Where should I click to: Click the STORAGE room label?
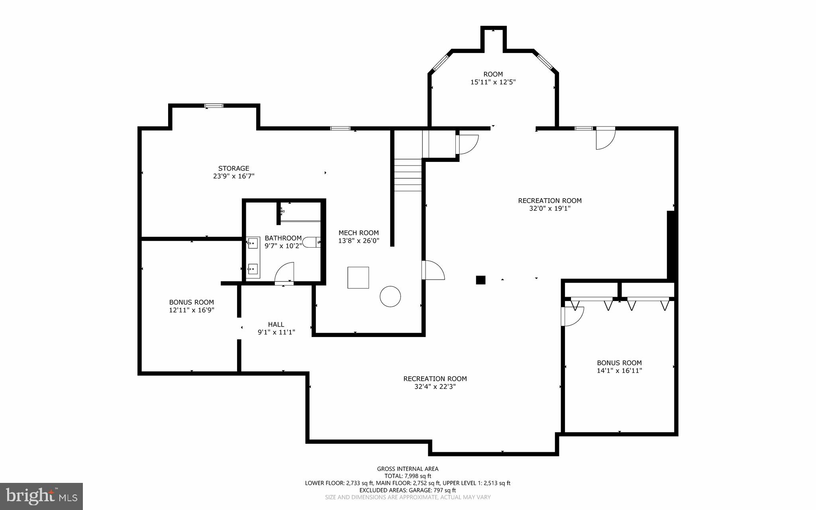tap(233, 168)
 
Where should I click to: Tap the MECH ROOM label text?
tap(359, 233)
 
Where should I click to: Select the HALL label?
tap(276, 325)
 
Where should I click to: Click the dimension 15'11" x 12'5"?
tap(493, 82)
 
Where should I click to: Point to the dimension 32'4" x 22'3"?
tap(435, 386)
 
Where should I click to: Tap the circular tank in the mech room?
tap(390, 296)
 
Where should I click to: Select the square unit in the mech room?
tap(358, 278)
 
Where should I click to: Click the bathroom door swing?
tap(285, 272)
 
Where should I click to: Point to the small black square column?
tap(481, 280)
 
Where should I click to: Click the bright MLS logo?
tap(41, 496)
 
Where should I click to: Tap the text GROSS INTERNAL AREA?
tap(408, 469)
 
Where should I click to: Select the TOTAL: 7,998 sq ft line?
tap(408, 476)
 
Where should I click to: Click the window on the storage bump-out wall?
tap(214, 106)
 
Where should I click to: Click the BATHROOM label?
tap(283, 238)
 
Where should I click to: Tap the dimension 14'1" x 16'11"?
tap(619, 370)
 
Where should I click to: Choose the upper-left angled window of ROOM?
tap(441, 63)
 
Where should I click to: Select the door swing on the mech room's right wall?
tap(433, 270)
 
